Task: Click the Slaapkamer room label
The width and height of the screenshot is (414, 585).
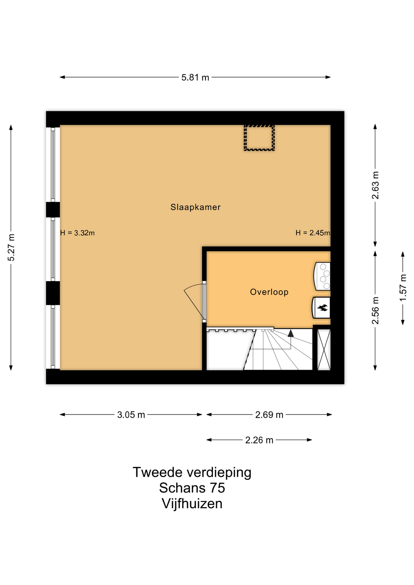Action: pos(195,207)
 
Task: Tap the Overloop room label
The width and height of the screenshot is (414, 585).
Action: pos(269,292)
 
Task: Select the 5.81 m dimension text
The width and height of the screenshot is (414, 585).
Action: pos(195,77)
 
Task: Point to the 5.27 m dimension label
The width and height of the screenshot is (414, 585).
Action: pos(11,247)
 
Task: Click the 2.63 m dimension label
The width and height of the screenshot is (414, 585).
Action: pos(375,185)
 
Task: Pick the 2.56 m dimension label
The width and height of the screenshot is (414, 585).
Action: pos(375,310)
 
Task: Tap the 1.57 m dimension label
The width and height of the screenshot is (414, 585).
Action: pos(403,288)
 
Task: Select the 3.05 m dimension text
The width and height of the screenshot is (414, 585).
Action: pos(131,415)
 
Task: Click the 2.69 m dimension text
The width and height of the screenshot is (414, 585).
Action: pos(269,415)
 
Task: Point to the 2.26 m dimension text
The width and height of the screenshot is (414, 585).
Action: pos(259,440)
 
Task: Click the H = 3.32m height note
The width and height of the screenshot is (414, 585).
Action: pos(77,233)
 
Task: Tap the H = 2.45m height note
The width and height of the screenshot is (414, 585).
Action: pos(313,233)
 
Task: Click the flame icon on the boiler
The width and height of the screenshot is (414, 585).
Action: pos(323,307)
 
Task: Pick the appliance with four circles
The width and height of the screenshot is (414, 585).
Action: pos(322,276)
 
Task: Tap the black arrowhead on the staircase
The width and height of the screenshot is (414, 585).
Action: pos(291,333)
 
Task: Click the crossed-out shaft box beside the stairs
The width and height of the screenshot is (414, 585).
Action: pos(324,349)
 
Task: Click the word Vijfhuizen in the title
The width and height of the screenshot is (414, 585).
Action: pos(192,504)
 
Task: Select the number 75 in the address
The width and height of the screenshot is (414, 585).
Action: pos(217,488)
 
